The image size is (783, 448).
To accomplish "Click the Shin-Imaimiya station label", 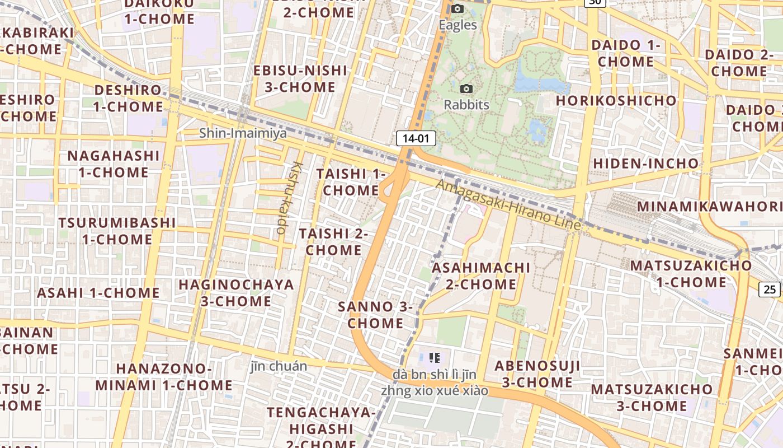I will click(243, 133).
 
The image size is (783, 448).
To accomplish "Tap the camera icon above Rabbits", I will click(466, 88).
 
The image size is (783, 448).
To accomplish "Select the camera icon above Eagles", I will click(457, 8).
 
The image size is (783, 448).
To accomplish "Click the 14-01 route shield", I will click(416, 138).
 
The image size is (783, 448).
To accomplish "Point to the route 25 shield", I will click(770, 289).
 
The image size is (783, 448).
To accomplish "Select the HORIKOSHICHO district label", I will click(616, 101).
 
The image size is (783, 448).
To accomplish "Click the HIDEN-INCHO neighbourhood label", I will click(645, 164).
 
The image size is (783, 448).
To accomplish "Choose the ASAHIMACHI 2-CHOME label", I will click(481, 276).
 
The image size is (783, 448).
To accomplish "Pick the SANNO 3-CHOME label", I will click(375, 315).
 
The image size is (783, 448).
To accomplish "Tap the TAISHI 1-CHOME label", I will click(351, 182).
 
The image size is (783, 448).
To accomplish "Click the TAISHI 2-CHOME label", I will click(333, 241).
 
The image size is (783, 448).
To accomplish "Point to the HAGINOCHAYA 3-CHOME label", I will click(236, 293).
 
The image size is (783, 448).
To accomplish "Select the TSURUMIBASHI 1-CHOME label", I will click(117, 231).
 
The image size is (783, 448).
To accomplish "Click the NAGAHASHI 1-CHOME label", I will click(114, 164).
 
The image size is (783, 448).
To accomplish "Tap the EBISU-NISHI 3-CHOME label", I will click(300, 78).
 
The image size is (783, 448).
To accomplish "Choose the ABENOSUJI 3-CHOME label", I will click(537, 374).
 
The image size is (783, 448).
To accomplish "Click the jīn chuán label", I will click(278, 366).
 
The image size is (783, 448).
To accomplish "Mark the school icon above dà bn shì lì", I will click(435, 357).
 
